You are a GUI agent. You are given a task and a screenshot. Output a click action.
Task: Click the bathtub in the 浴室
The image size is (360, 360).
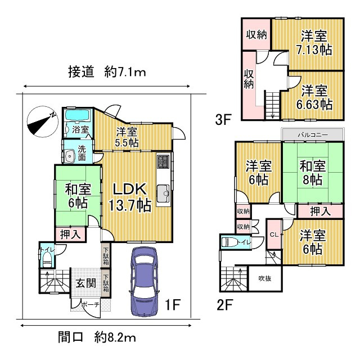76,116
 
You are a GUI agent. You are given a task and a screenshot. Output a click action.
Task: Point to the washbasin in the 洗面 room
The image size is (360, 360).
70,156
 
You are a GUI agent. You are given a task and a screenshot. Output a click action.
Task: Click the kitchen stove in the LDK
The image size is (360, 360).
163,161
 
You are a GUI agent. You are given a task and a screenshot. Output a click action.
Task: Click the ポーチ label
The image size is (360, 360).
90,304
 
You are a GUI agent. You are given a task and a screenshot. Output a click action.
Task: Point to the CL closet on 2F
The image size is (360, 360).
274,235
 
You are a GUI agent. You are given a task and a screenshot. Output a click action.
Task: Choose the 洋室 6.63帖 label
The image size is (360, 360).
314,96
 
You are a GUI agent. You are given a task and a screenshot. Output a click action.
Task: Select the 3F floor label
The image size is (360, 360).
223,119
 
